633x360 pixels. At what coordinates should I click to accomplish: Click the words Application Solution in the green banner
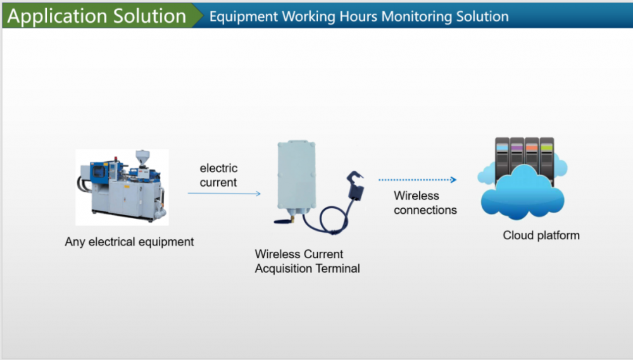[96, 16]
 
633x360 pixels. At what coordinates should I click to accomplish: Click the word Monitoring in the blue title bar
[417, 16]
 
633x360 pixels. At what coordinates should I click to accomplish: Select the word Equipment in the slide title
[244, 17]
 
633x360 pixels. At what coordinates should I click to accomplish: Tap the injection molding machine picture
[122, 187]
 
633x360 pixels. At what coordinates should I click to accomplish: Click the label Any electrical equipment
[129, 242]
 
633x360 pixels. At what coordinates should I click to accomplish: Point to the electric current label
[218, 175]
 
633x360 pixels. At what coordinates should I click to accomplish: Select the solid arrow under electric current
[224, 194]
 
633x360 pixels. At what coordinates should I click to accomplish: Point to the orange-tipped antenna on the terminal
[284, 220]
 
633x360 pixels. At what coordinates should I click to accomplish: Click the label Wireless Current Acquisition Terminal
[307, 261]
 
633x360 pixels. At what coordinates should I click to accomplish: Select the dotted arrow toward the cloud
[417, 180]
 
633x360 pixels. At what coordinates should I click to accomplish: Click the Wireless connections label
[425, 202]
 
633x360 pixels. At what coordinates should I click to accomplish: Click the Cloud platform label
[541, 235]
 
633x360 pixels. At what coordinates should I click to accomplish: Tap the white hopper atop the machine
[142, 157]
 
